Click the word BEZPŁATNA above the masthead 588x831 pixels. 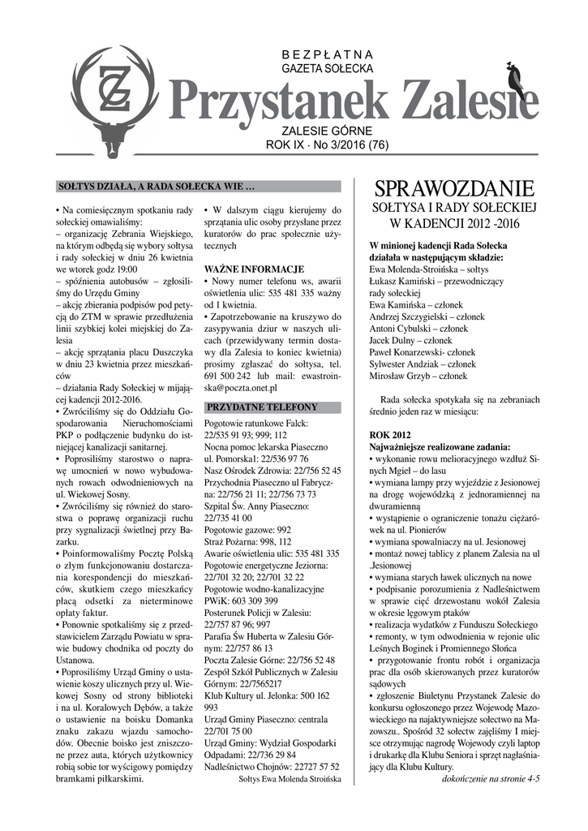(327, 54)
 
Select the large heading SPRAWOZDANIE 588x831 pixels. (455, 189)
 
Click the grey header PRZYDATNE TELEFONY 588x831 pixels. (262, 407)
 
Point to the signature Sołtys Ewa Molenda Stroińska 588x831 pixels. (290, 778)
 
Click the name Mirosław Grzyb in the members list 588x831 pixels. (418, 376)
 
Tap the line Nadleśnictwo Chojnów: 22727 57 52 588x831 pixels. (272, 765)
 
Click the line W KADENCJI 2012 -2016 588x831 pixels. (454, 222)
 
